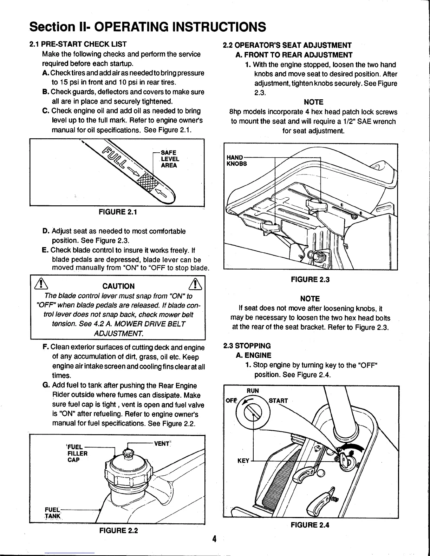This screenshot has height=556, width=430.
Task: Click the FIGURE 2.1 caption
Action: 118,212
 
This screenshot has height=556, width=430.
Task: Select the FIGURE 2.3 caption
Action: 310,279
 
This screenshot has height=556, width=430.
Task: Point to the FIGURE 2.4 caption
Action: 310,525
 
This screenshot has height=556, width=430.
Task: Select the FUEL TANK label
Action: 52,512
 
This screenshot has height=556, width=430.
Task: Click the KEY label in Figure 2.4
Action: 243,461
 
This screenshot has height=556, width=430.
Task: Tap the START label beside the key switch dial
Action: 278,401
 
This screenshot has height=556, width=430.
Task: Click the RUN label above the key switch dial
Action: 252,391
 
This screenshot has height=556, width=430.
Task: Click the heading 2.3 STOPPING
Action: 247,346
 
